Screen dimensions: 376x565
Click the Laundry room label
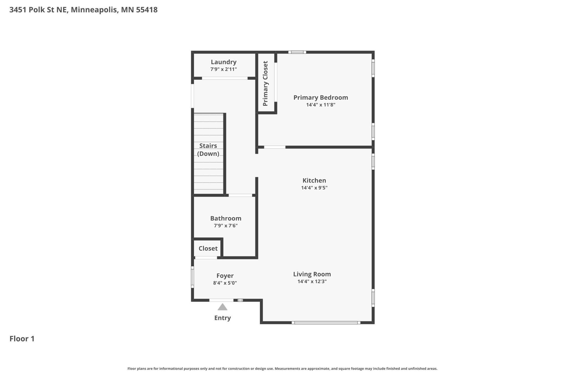[x=224, y=62]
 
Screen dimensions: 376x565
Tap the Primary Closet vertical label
[x=265, y=83]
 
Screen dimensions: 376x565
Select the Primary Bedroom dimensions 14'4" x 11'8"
[x=321, y=105]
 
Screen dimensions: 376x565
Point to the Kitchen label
[x=314, y=180]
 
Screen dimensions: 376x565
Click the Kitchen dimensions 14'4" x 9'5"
[x=314, y=188]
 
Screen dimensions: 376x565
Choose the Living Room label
[x=312, y=274]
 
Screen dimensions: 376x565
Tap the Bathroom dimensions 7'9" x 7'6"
[x=225, y=226]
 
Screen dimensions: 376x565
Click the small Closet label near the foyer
[x=208, y=248]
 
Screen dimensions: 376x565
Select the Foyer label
[x=225, y=276]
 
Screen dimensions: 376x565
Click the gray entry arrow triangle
[x=222, y=307]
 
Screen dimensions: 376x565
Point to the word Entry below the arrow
[x=222, y=318]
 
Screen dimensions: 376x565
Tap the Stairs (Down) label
[x=208, y=150]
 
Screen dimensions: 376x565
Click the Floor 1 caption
[x=22, y=339]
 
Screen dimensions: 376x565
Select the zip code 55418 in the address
[x=147, y=10]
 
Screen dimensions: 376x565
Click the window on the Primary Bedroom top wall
[x=297, y=52]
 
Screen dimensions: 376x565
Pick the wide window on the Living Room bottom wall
[x=326, y=323]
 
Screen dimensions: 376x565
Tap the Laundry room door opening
[x=225, y=78]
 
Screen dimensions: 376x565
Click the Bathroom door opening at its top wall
[x=240, y=195]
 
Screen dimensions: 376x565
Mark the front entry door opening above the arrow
[x=221, y=300]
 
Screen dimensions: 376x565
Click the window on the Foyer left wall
[x=193, y=277]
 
